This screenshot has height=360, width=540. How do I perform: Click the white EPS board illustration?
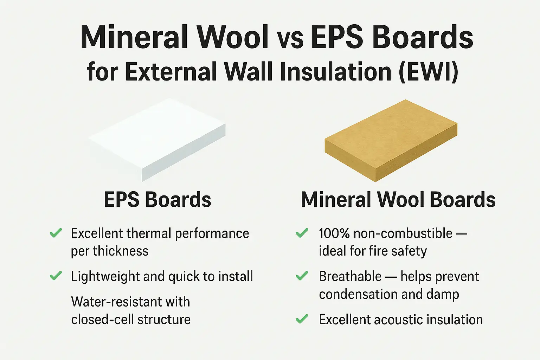pos(157,140)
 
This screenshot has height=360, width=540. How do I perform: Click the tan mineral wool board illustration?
pos(391,141)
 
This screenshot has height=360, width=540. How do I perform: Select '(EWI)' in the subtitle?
pos(429,72)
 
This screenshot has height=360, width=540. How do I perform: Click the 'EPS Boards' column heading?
pos(157,199)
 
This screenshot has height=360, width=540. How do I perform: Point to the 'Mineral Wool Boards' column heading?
pos(398,199)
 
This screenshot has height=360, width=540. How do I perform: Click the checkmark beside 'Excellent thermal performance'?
pos(56,233)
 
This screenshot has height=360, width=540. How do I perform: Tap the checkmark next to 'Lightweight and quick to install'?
pos(56,276)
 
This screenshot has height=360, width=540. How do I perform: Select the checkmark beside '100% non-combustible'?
pos(302,233)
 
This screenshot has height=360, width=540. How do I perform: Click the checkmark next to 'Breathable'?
pos(302,276)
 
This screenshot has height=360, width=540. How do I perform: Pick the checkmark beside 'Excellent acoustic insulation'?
pos(302,319)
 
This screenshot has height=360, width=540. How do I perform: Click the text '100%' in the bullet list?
pos(334,233)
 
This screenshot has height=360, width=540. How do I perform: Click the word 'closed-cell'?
pos(102,320)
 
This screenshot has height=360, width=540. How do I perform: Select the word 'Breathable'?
pos(350,276)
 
